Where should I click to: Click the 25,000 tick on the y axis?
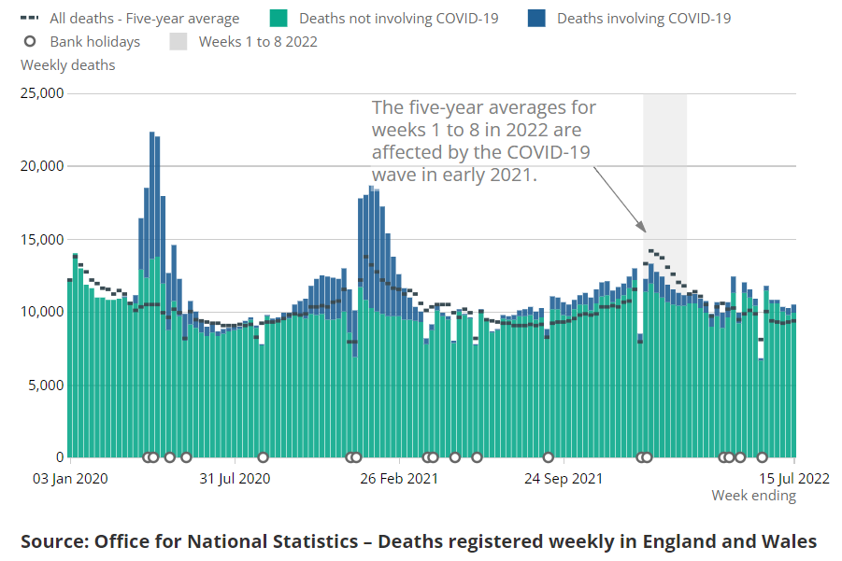(42, 93)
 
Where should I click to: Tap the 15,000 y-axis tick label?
(42, 239)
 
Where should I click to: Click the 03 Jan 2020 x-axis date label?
(71, 479)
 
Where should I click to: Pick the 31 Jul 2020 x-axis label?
(235, 479)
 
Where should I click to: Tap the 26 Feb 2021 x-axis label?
(399, 479)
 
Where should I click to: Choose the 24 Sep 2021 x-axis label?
(563, 479)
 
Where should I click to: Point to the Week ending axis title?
(753, 496)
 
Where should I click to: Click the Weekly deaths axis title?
(68, 65)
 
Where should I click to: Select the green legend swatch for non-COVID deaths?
(277, 18)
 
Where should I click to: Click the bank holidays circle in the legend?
(31, 41)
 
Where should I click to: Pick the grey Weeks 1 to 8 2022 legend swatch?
(178, 41)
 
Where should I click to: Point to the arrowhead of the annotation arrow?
(643, 229)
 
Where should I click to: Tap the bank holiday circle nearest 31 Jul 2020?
(263, 457)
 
